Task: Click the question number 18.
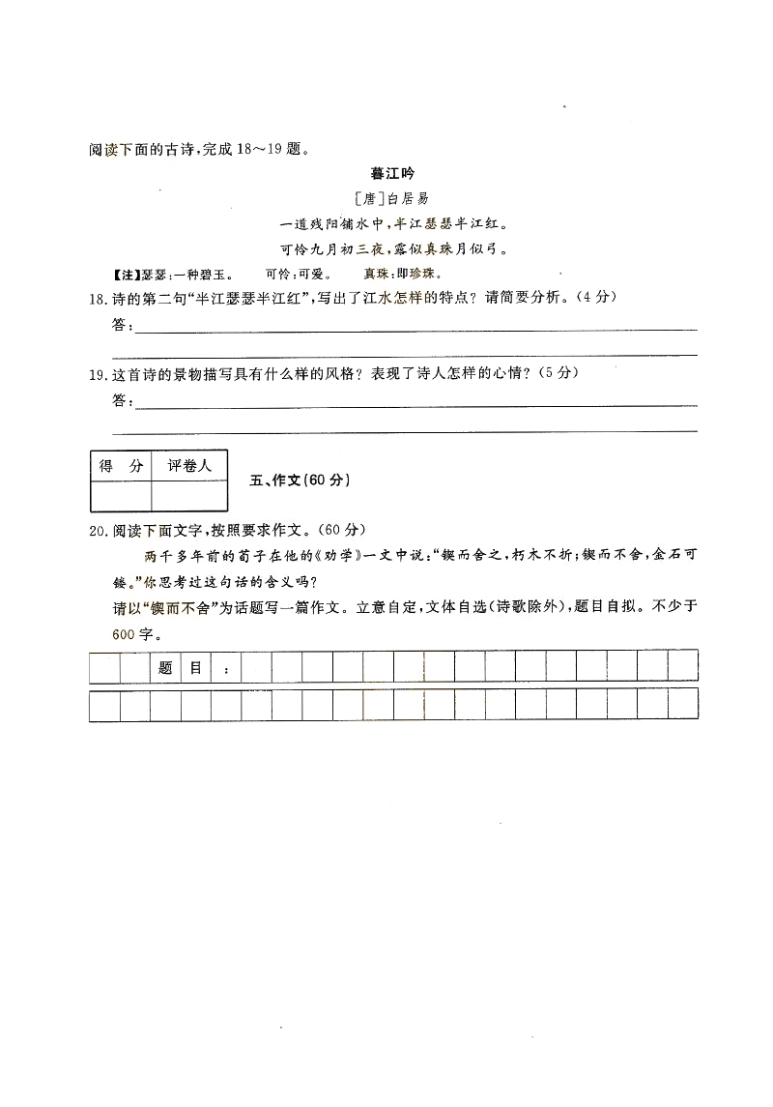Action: click(97, 299)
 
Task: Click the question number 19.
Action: click(97, 374)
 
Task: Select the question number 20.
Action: click(97, 529)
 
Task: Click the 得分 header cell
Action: click(121, 466)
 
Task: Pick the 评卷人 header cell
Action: click(189, 466)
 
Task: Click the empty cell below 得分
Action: click(121, 495)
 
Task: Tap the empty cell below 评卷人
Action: click(189, 495)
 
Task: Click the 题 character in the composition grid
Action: click(165, 667)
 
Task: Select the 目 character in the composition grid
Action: click(196, 667)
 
